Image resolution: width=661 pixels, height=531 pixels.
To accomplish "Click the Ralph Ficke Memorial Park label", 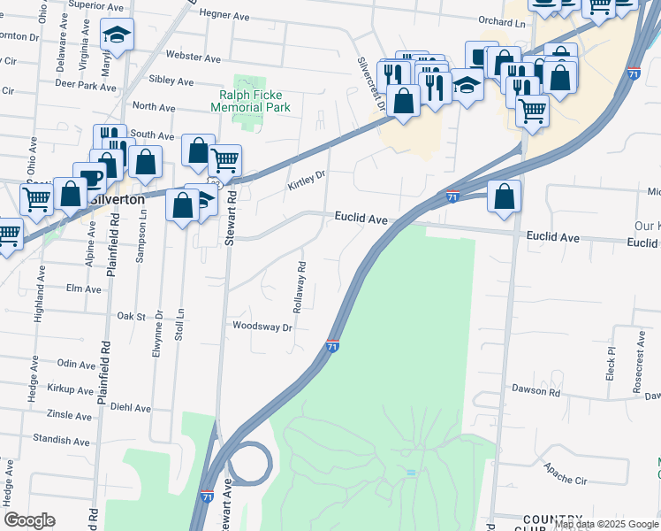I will tap(250, 101).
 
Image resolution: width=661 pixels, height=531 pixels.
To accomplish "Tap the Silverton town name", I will tap(118, 200).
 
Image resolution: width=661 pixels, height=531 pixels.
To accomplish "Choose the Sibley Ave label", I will tap(171, 81).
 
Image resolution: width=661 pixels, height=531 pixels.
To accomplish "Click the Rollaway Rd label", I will tap(301, 290).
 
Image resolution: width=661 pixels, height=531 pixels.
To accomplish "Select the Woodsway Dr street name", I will tap(262, 327).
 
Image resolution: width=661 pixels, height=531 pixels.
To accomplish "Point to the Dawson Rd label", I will tap(536, 391).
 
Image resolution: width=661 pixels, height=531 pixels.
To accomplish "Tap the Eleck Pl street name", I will tap(610, 363).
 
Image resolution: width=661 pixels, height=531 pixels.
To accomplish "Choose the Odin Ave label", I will tap(76, 365).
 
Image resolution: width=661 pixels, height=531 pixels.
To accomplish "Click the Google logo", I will tap(29, 520).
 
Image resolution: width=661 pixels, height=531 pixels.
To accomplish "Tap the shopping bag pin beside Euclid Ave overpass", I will tap(504, 198).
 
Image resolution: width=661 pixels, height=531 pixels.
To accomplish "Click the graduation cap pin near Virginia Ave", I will tap(117, 34).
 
